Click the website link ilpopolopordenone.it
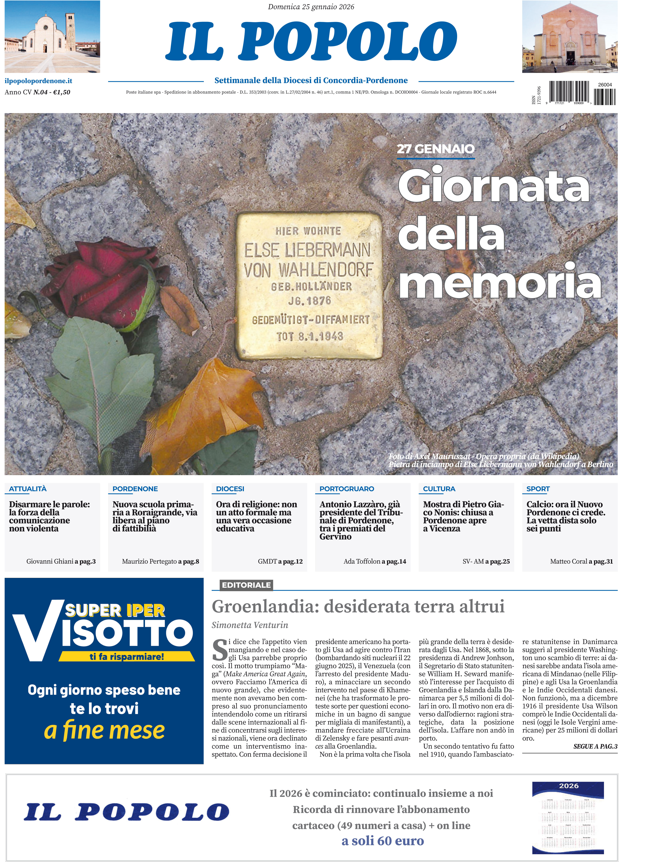pos(38,81)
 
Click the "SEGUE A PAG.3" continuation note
pos(595,746)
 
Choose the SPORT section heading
pos(538,489)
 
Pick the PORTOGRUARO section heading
pos(346,489)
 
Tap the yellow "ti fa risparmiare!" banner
pos(127,657)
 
